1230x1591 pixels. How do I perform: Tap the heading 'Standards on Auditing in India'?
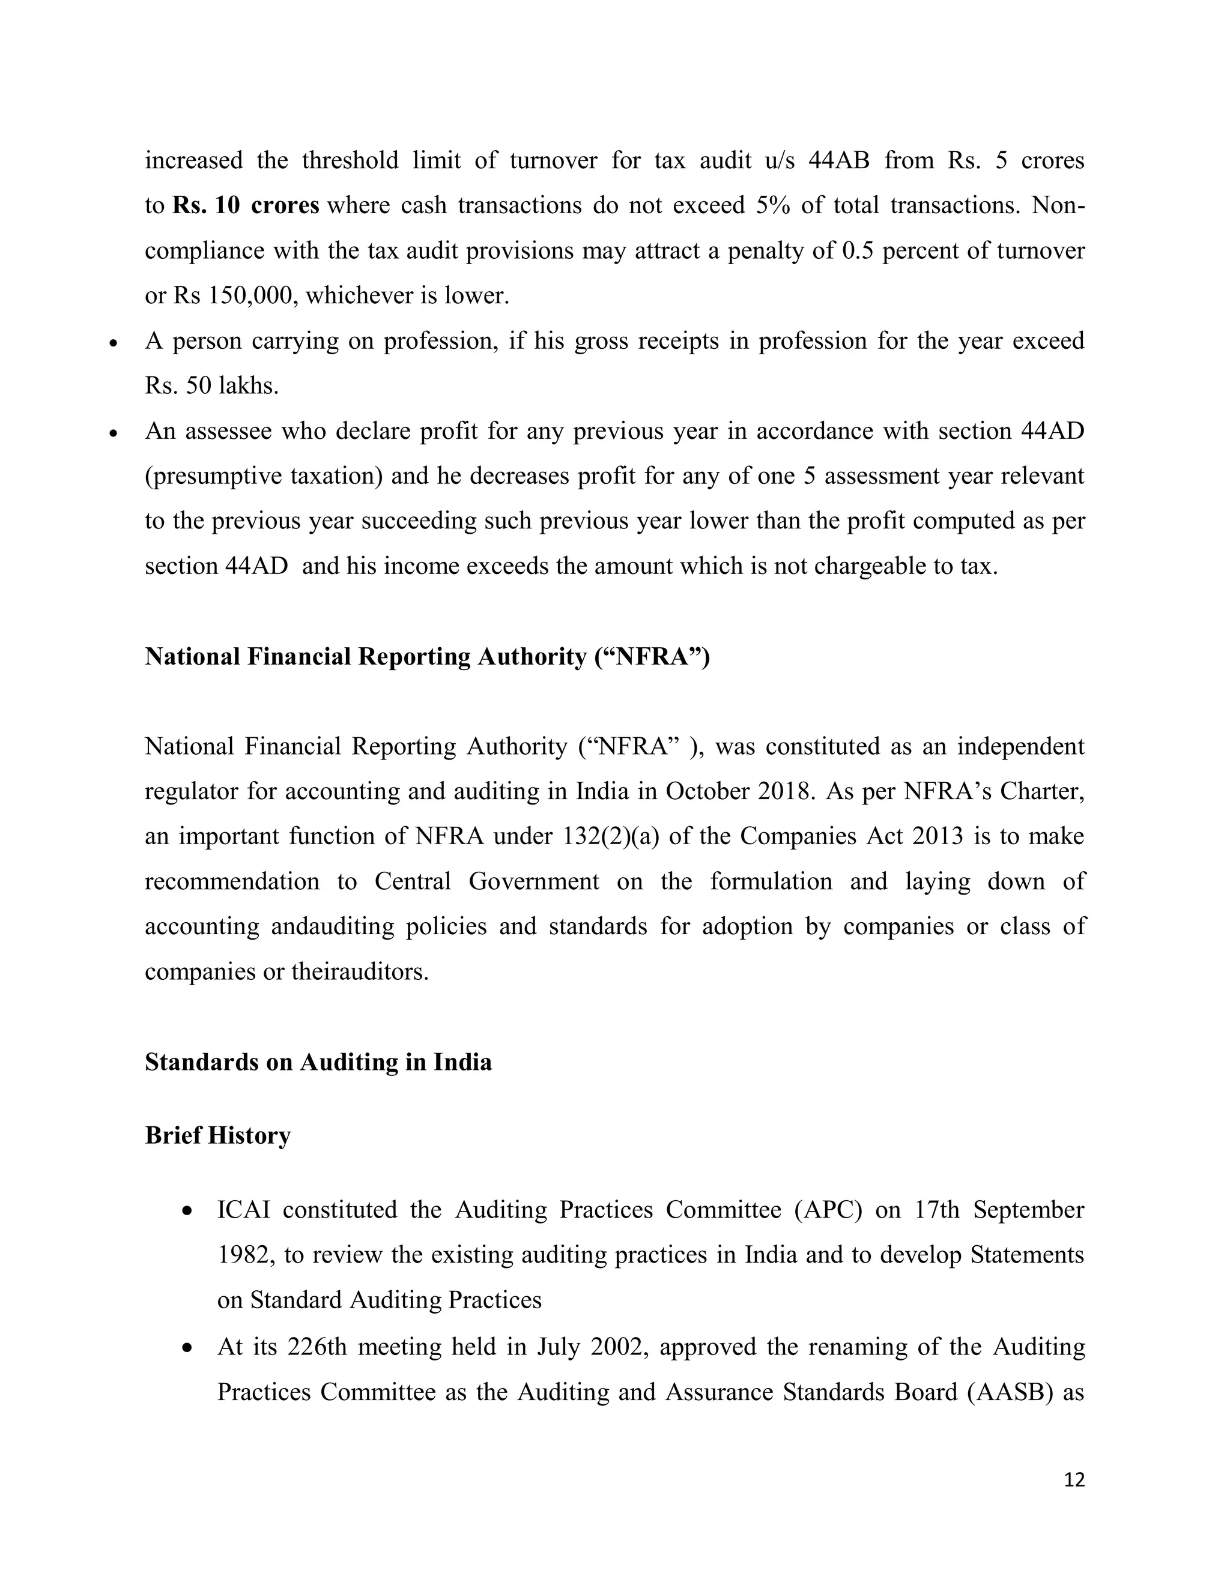(x=318, y=1062)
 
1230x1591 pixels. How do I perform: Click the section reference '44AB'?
(x=838, y=160)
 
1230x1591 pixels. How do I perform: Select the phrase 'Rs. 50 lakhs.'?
(x=211, y=386)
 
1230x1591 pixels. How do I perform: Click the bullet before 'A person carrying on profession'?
(x=113, y=342)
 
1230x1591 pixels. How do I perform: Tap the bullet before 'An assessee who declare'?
(x=113, y=433)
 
